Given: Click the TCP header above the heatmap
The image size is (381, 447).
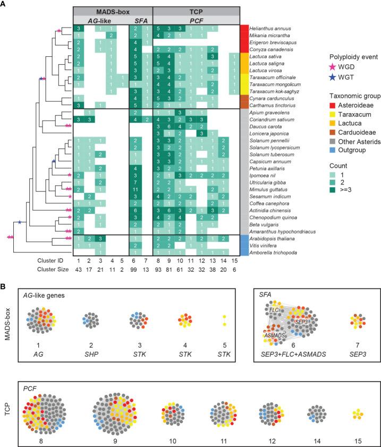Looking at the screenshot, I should pos(195,11).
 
